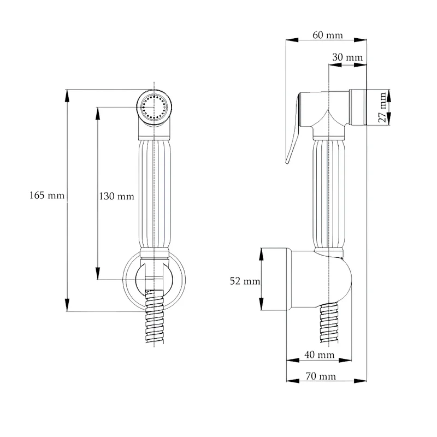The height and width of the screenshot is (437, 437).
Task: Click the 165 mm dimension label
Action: (47, 196)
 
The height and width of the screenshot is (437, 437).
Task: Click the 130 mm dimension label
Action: (116, 197)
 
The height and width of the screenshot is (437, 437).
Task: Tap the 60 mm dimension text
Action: (328, 35)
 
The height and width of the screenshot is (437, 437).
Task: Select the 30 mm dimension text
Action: (347, 57)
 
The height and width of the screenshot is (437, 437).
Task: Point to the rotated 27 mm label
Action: (383, 107)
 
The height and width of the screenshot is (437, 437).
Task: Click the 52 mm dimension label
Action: (245, 281)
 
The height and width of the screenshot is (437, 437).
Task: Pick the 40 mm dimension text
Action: (320, 355)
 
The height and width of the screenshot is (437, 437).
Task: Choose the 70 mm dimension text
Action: (321, 376)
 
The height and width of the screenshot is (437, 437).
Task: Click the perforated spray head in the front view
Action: (154, 107)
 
